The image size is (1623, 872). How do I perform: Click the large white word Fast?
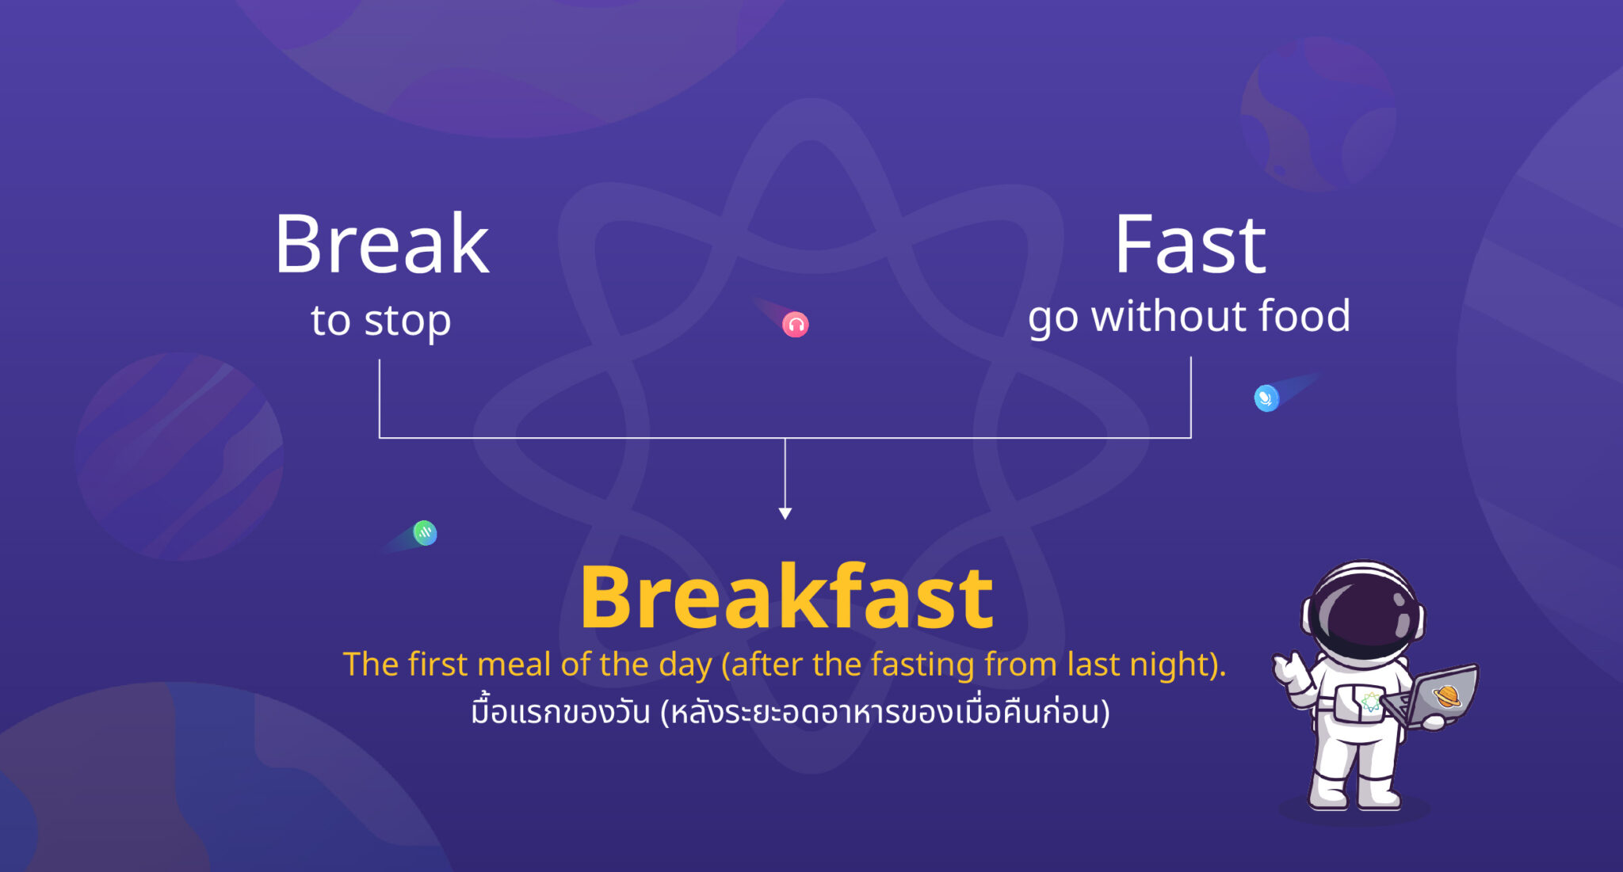(1190, 246)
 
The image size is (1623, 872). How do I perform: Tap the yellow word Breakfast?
(786, 597)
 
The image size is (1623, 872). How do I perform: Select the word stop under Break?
(407, 322)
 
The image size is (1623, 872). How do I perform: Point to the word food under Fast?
(1304, 316)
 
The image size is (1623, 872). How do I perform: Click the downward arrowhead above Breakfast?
(785, 513)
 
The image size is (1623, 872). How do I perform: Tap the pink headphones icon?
(795, 325)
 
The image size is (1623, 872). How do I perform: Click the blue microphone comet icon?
(1266, 398)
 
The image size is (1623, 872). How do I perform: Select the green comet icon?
(425, 533)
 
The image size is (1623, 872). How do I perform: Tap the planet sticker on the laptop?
(1447, 696)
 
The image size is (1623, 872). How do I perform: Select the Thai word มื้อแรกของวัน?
(560, 711)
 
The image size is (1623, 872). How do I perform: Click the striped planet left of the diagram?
(179, 457)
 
